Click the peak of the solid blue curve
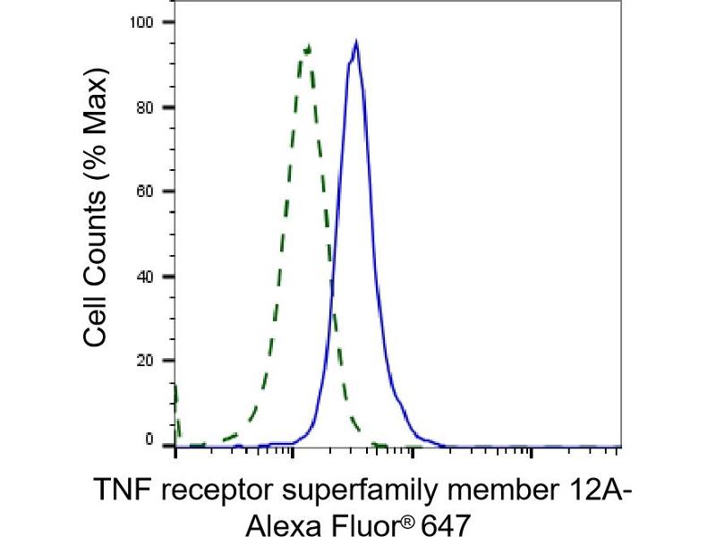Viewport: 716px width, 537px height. coord(356,41)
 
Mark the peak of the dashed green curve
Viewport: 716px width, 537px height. coord(308,47)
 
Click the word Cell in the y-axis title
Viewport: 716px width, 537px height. coord(99,320)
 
